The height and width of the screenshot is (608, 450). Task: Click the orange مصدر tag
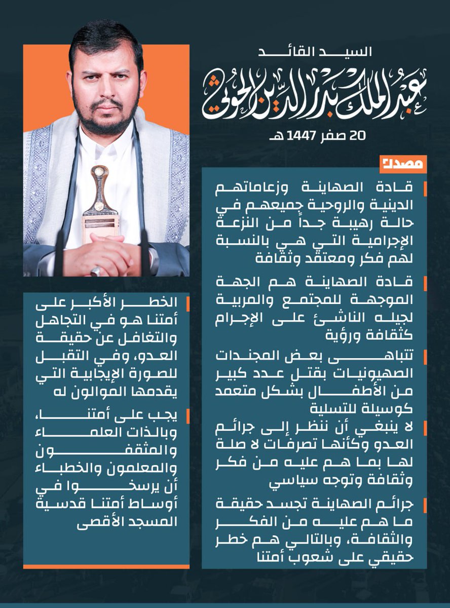click(403, 164)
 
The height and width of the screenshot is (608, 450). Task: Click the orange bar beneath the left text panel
click(106, 566)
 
